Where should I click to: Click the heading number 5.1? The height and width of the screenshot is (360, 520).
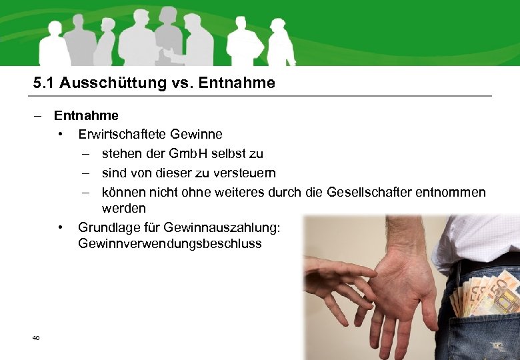tap(43, 83)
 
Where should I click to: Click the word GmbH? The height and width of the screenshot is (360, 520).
tap(191, 154)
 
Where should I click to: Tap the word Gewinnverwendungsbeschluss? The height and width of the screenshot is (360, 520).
tap(169, 243)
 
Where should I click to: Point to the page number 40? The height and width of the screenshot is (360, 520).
tap(36, 338)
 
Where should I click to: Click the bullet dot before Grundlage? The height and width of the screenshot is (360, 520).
tap(61, 227)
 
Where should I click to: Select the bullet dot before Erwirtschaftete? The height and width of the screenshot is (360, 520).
tap(61, 135)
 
